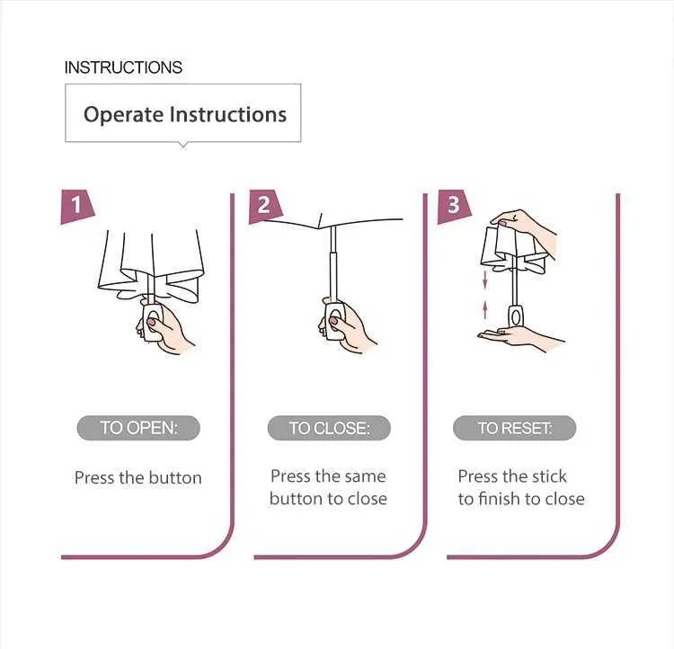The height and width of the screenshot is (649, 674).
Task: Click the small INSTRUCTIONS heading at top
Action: click(x=123, y=67)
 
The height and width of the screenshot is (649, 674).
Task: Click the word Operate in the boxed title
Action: click(x=123, y=114)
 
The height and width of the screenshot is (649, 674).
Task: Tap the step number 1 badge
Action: click(x=77, y=206)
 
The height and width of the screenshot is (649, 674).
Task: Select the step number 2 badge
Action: click(x=265, y=206)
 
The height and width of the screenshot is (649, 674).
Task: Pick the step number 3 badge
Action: click(x=454, y=206)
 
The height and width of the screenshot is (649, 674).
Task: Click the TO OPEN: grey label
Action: click(x=138, y=428)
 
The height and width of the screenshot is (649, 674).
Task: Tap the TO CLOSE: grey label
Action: click(x=329, y=428)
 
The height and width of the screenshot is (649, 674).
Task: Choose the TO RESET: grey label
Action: click(x=515, y=428)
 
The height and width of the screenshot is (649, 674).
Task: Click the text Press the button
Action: click(x=138, y=478)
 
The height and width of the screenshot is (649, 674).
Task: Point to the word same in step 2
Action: click(x=365, y=476)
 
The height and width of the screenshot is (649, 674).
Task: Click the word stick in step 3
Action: click(x=549, y=476)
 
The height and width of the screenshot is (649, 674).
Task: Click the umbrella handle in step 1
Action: click(x=153, y=323)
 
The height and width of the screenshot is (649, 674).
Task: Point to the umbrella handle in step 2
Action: click(x=335, y=322)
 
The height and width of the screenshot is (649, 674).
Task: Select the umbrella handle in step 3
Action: click(x=516, y=316)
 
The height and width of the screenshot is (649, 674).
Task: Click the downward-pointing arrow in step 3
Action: click(x=485, y=280)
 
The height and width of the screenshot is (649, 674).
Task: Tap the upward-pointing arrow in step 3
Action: click(x=485, y=309)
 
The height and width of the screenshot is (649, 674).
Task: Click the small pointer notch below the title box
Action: click(x=183, y=146)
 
